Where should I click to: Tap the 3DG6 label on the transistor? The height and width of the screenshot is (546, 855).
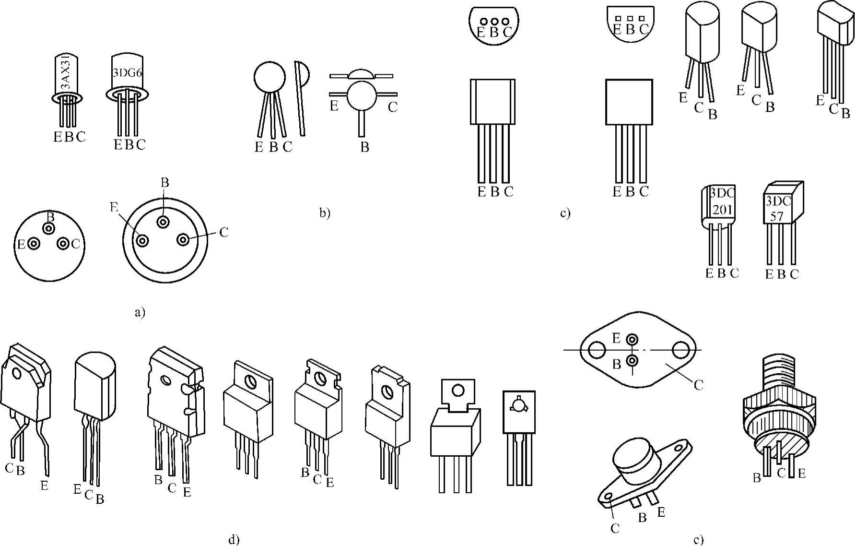126,73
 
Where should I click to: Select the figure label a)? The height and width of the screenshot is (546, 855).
139,313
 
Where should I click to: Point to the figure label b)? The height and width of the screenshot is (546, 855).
325,213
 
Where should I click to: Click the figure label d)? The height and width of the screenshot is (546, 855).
234,540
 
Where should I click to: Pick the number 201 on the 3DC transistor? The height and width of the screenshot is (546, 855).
722,210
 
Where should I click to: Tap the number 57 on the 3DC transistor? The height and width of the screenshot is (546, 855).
777,216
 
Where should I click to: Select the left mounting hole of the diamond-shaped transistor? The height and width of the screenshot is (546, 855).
597,350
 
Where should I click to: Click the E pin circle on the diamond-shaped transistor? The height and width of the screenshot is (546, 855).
632,340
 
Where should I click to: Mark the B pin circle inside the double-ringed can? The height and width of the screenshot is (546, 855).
164,222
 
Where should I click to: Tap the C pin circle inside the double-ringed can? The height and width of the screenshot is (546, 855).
183,239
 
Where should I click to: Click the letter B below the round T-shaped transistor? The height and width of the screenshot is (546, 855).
364,147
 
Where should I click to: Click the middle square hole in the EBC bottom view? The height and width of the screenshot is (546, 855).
630,18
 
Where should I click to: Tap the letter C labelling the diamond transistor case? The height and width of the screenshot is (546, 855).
698,384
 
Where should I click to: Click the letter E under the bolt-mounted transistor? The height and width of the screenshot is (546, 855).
801,474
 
